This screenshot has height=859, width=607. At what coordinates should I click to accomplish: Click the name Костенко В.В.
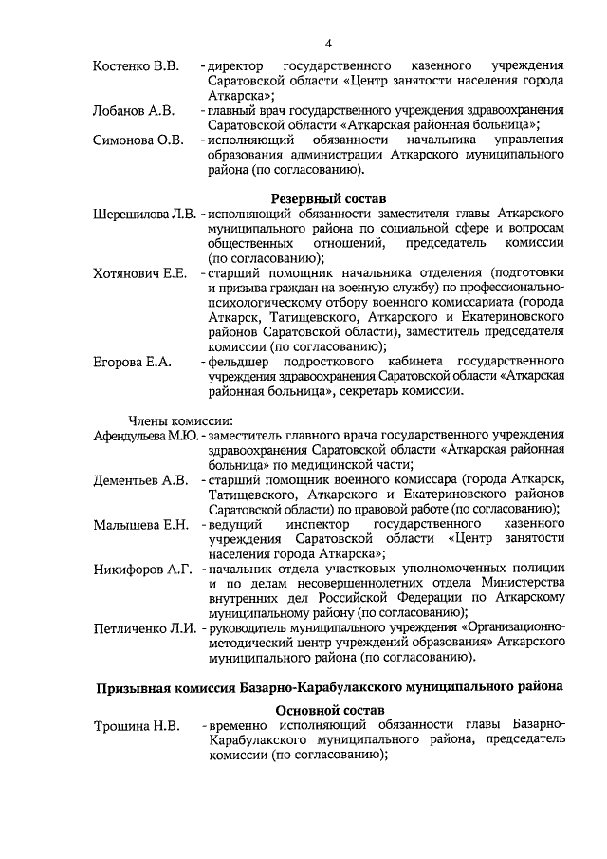pyautogui.click(x=136, y=65)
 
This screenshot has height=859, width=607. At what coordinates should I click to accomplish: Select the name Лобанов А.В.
pyautogui.click(x=134, y=111)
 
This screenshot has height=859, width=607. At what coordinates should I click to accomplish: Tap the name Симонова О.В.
pyautogui.click(x=138, y=140)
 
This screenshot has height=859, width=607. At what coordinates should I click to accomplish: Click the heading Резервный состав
pyautogui.click(x=329, y=198)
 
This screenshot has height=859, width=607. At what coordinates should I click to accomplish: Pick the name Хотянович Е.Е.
pyautogui.click(x=138, y=273)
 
